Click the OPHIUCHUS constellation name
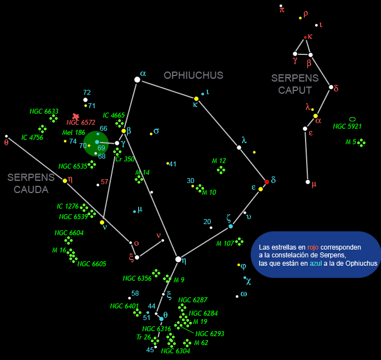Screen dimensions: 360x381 [x=193, y=75]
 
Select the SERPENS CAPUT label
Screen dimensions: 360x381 [x=295, y=84]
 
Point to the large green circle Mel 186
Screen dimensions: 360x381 [x=96, y=143]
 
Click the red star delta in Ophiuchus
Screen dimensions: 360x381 [x=267, y=182]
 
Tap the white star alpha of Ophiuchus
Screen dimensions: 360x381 [x=137, y=80]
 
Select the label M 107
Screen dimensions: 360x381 [x=225, y=244]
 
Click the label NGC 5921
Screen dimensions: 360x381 [x=347, y=126]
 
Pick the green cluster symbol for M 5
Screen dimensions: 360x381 [x=362, y=143]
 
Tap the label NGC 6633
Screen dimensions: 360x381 [x=44, y=111]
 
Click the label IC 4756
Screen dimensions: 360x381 [x=32, y=137]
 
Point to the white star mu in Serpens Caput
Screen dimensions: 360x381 [x=308, y=182]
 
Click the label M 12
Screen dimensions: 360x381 [x=219, y=161]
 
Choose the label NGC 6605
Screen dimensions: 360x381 [x=92, y=263]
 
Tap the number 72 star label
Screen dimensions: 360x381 [x=87, y=93]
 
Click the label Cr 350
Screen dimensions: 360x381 [x=125, y=159]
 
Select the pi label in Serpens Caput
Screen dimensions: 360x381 [x=282, y=9]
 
